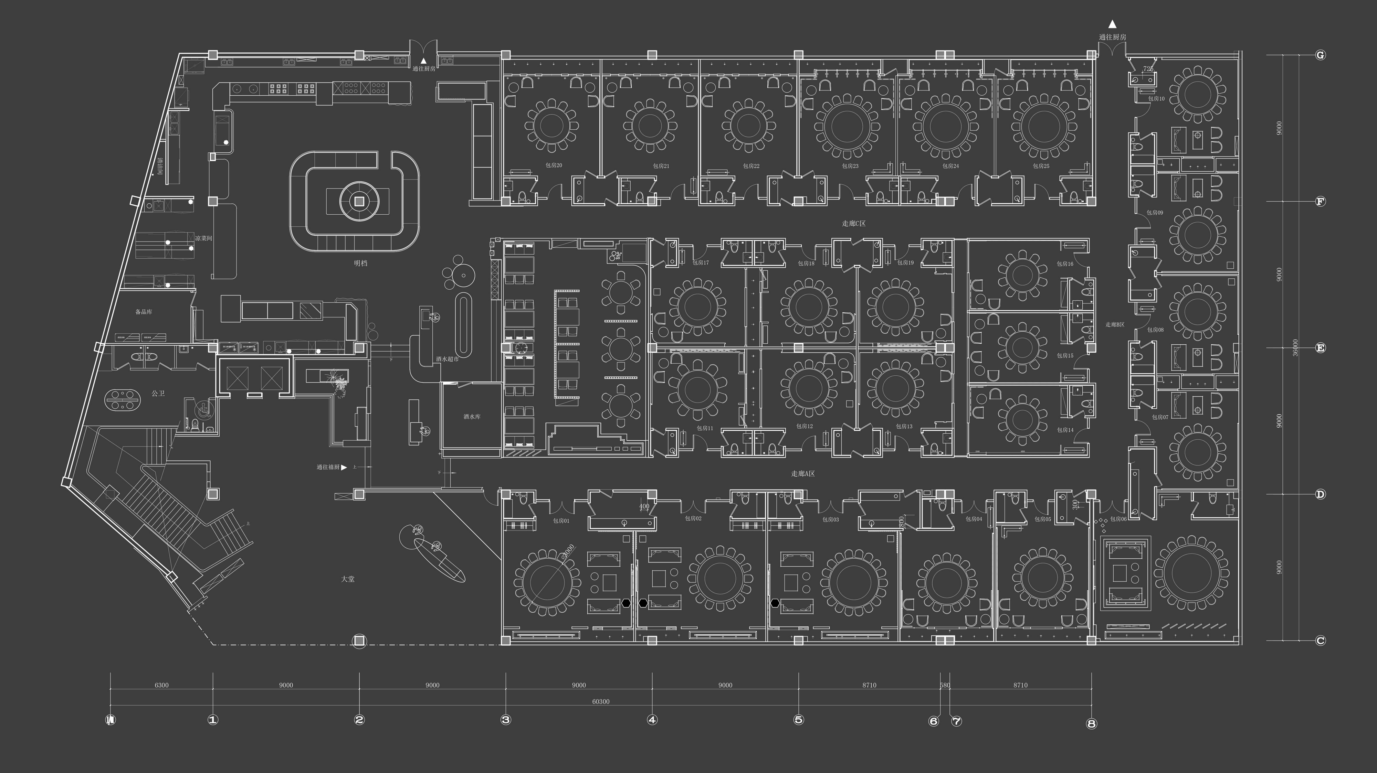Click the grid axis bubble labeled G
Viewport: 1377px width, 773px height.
point(1320,55)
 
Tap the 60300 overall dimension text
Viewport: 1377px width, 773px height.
point(600,701)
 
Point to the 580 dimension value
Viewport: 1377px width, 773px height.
point(945,685)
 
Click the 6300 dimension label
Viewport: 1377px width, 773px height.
point(161,685)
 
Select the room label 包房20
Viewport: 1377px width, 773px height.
point(554,165)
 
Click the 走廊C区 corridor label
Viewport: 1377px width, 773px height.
point(854,223)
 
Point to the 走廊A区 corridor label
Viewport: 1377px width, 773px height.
point(803,474)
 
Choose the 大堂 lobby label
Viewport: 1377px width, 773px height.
point(347,579)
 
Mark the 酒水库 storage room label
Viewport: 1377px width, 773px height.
point(472,417)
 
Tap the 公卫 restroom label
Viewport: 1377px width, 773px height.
point(158,394)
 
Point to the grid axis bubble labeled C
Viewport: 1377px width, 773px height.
point(1320,641)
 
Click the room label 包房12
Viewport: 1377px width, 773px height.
point(805,426)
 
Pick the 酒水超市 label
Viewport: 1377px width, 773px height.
point(447,359)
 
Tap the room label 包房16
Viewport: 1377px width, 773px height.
point(1065,264)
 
